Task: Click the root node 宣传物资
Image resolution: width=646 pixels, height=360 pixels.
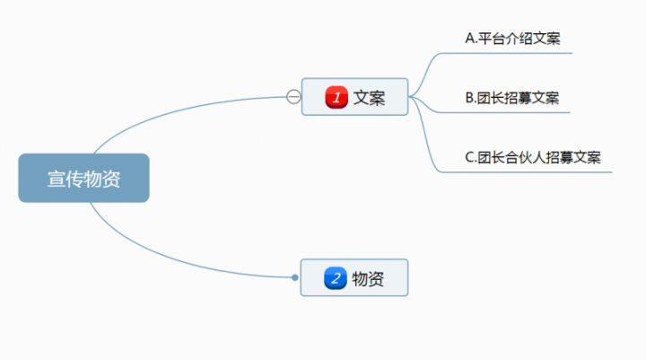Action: (x=83, y=179)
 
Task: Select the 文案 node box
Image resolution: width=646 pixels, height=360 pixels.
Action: (x=354, y=97)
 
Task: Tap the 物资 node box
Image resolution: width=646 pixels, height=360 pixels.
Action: (x=354, y=278)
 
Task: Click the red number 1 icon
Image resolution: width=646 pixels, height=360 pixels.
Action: (x=336, y=97)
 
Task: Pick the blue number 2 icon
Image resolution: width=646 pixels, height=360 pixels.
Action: (x=336, y=278)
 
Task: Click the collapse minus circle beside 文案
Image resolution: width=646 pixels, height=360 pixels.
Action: (x=293, y=97)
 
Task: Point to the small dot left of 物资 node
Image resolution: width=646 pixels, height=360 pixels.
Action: (x=295, y=278)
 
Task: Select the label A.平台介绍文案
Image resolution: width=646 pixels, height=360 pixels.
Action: (x=513, y=38)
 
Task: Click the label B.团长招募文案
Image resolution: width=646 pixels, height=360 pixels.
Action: (x=513, y=97)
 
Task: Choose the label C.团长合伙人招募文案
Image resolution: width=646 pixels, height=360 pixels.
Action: (x=533, y=156)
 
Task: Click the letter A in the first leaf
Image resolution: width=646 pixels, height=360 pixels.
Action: (x=469, y=38)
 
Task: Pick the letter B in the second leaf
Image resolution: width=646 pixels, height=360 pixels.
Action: (x=469, y=97)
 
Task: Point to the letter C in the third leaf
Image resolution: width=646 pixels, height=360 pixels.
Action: (x=469, y=156)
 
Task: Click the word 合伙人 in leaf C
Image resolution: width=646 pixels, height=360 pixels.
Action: (x=526, y=156)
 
